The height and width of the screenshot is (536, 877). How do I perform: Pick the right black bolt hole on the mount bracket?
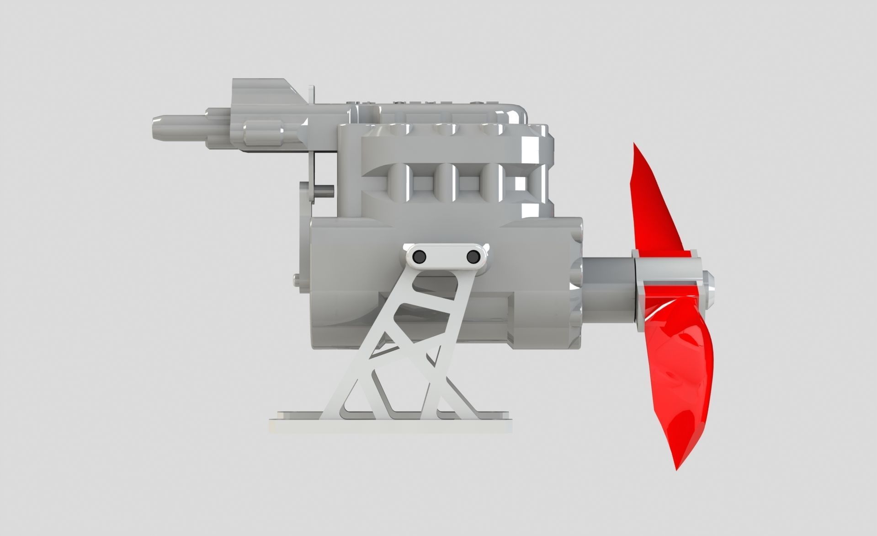[472, 258]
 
